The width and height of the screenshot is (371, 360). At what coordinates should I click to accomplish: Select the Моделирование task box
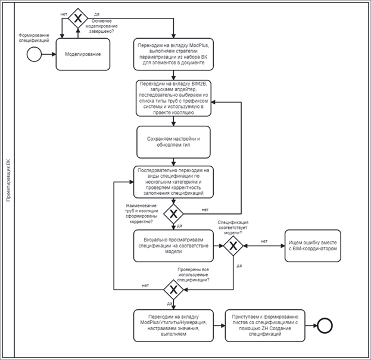[83, 54]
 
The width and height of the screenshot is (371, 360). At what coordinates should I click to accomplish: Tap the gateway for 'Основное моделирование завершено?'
[78, 18]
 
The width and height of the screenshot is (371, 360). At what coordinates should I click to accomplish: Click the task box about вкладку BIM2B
[173, 98]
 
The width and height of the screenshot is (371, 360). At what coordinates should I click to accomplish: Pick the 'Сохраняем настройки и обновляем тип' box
[173, 142]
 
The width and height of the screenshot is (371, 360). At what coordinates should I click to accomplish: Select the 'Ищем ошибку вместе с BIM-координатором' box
[313, 246]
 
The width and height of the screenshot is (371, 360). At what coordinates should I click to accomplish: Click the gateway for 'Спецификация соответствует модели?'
[233, 246]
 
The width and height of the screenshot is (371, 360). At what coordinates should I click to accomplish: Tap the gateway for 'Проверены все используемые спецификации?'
[173, 290]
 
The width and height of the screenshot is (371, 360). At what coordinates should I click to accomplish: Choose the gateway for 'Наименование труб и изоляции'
[173, 214]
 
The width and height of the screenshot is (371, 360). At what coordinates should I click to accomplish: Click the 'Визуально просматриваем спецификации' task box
[173, 246]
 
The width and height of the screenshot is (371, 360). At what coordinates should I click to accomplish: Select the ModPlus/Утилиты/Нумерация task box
[173, 325]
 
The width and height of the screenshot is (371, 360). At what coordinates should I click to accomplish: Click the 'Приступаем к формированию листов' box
[265, 325]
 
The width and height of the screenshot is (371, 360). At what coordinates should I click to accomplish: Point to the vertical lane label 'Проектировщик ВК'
[8, 181]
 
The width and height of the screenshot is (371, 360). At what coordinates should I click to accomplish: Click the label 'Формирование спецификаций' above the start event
[34, 38]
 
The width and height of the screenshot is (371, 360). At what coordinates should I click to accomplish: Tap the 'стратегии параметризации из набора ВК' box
[173, 54]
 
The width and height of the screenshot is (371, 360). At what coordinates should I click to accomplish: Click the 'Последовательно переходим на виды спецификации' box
[173, 182]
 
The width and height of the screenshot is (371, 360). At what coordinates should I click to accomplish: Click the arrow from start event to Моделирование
[49, 54]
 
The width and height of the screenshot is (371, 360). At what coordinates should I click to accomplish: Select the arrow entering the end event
[311, 325]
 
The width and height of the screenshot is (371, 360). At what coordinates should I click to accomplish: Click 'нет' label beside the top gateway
[64, 14]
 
